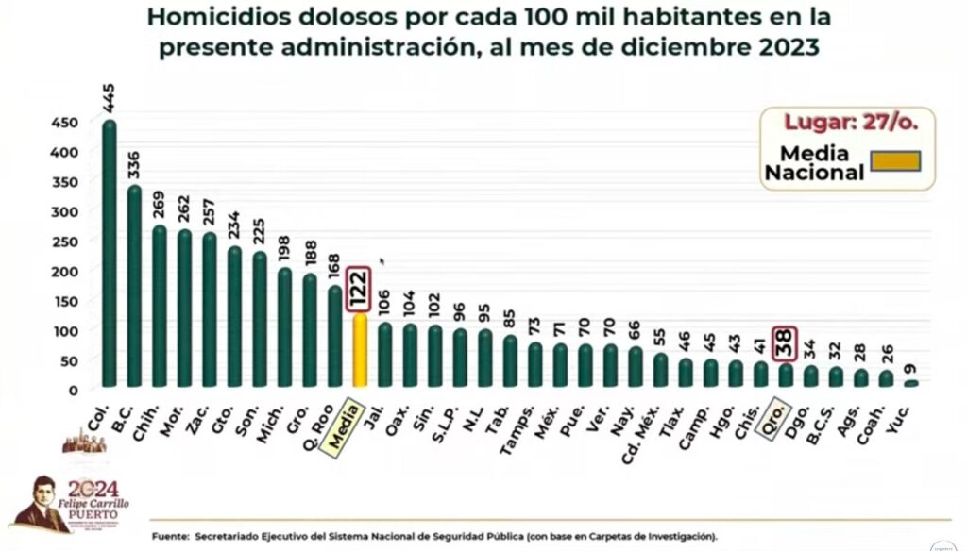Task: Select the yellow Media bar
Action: point(360,350)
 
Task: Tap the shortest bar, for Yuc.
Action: point(910,383)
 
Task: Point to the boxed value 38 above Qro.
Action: point(785,343)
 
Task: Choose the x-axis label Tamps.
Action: point(519,424)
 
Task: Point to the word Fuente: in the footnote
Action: point(171,536)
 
